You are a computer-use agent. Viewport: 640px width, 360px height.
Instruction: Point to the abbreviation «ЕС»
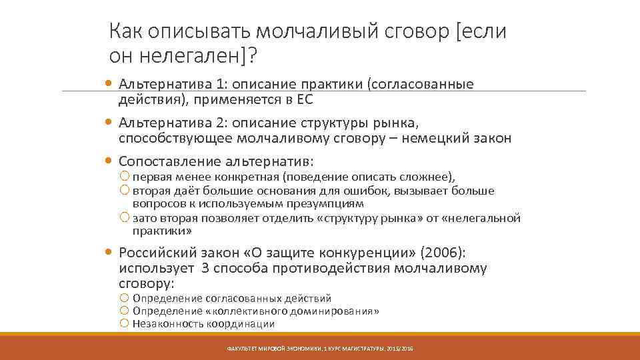click(x=304, y=100)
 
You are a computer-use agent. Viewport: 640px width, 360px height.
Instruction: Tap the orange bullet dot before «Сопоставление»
click(x=109, y=161)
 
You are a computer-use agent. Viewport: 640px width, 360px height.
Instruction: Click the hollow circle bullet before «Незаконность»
click(x=124, y=324)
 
